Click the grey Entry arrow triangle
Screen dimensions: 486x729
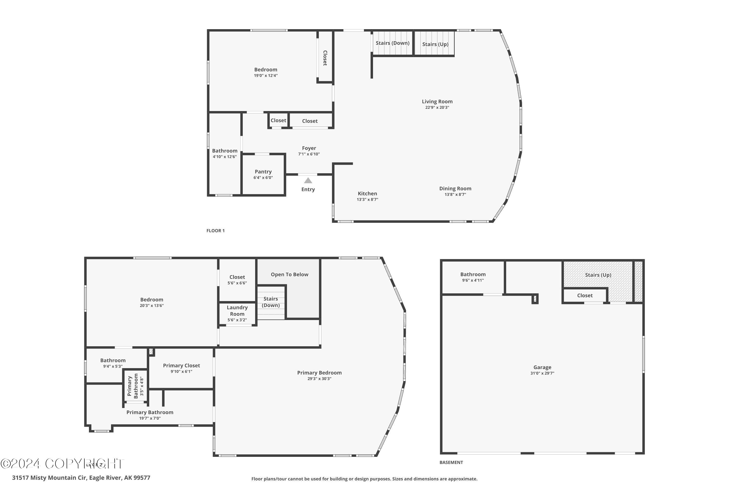tap(308, 180)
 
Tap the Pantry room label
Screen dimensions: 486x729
tap(263, 172)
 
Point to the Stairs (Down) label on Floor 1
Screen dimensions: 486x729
tap(392, 43)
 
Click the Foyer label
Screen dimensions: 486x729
tap(309, 148)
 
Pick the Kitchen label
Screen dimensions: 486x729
tap(367, 194)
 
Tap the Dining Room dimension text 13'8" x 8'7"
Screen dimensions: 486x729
tap(455, 195)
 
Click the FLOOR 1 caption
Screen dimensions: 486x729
tap(215, 231)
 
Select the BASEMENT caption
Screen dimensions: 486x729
tap(451, 462)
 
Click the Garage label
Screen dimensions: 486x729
tap(542, 367)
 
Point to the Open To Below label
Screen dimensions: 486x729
tap(289, 275)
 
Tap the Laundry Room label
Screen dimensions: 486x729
tap(237, 311)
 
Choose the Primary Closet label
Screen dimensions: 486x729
tap(181, 366)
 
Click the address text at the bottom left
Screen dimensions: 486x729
tap(81, 478)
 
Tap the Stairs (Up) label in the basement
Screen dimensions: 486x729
tap(598, 275)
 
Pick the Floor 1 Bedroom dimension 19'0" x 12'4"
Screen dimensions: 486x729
tap(266, 76)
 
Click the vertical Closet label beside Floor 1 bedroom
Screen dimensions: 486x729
tap(325, 58)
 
